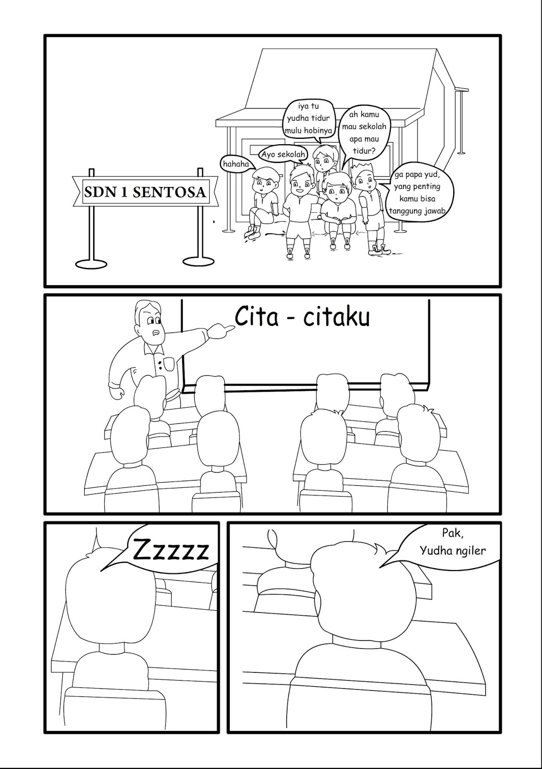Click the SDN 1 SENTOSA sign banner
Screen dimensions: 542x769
(x=145, y=192)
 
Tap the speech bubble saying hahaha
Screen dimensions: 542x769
(x=236, y=164)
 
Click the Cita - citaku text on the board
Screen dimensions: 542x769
(x=302, y=318)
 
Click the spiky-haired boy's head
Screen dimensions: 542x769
(x=364, y=176)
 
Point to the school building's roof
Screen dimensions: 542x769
(x=336, y=82)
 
